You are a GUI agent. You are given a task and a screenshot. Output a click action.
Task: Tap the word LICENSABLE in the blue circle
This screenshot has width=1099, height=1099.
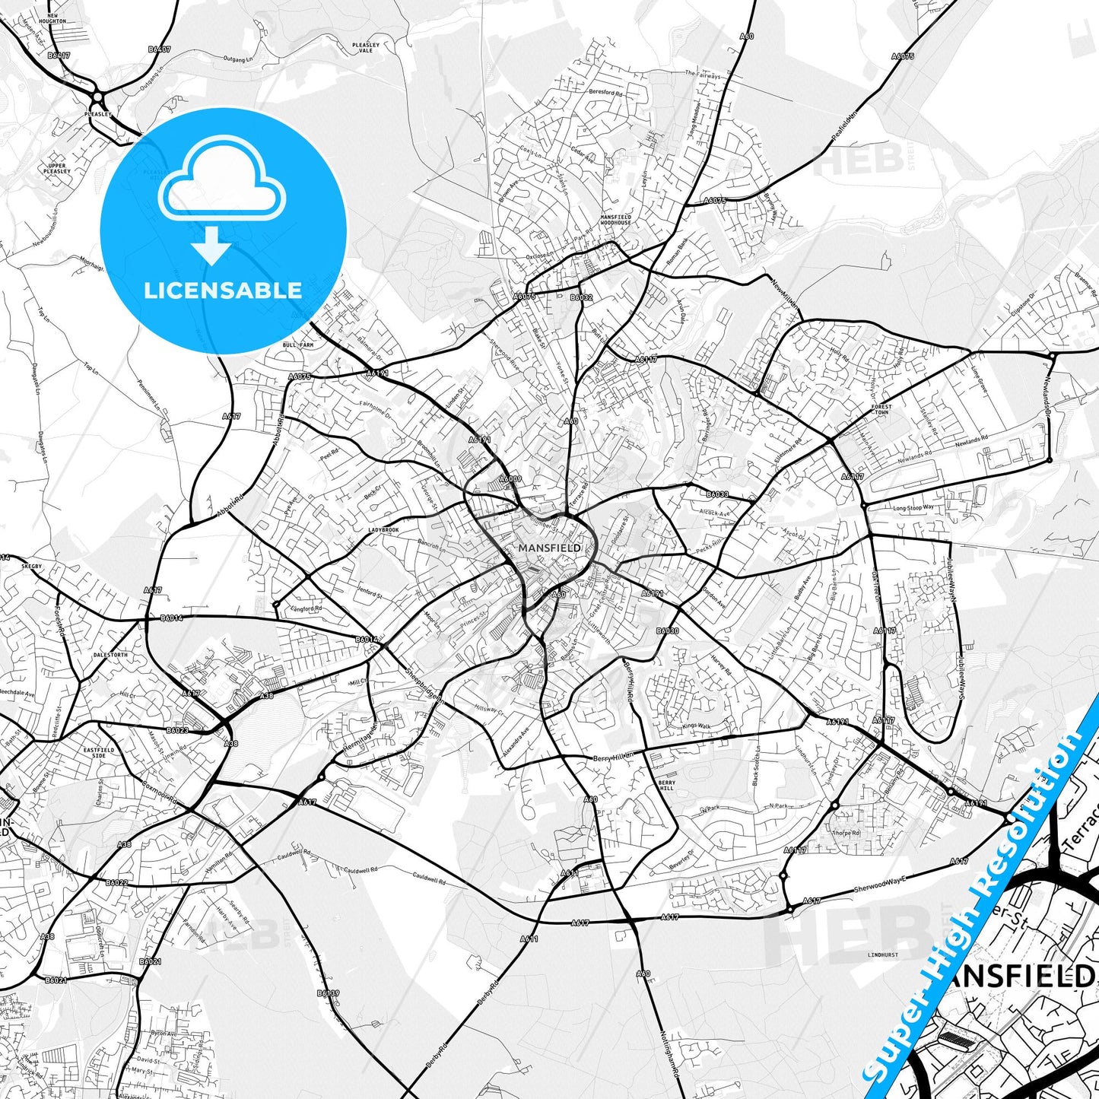point(223,290)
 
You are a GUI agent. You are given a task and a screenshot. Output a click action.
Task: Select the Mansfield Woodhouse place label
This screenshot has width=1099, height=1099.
point(616,220)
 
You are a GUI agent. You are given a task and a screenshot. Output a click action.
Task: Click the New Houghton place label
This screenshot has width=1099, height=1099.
point(57,18)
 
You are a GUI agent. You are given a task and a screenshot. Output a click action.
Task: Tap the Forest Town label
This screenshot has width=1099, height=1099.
point(881,409)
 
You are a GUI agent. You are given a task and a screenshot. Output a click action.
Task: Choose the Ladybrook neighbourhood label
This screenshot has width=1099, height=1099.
point(383,529)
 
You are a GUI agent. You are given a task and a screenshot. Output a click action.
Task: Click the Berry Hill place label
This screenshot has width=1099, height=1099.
point(666,785)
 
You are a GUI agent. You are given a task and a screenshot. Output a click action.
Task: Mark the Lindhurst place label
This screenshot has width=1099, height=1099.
point(882,954)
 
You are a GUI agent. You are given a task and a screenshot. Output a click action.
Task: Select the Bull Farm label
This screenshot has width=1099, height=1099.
point(298,345)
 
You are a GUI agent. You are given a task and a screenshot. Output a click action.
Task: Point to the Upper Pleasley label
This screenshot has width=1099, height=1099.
point(57,168)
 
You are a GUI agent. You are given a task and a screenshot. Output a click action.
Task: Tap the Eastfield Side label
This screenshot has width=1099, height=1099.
point(99,753)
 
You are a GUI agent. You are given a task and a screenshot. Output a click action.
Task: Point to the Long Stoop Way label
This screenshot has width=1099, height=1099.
point(913,507)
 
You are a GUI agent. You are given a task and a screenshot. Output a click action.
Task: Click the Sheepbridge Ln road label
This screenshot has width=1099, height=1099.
point(424,684)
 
